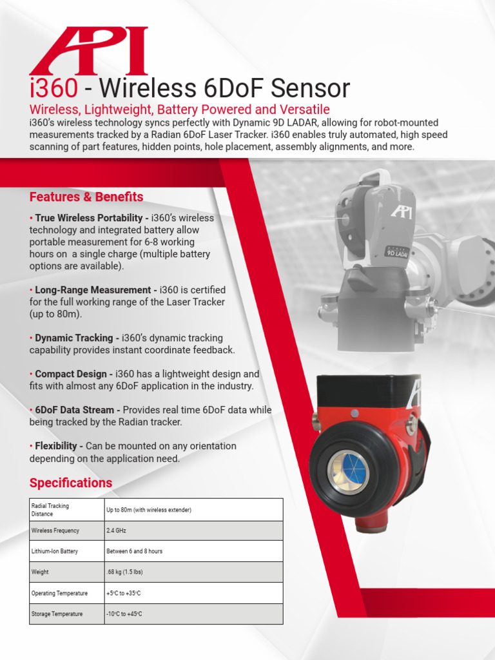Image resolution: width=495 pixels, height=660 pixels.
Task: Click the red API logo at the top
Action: [x=89, y=51]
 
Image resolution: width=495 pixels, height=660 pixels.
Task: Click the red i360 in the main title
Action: [x=54, y=88]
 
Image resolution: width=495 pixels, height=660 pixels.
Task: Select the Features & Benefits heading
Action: [x=86, y=197]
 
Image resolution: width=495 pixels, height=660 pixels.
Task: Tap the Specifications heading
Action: [x=71, y=483]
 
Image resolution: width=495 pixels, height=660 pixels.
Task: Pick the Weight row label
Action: [x=40, y=572]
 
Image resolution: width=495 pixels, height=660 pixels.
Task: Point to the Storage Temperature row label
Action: [x=57, y=614]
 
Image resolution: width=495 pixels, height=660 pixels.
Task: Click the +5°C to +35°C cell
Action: [x=123, y=593]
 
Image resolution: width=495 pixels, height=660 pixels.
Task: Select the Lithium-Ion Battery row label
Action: [x=55, y=551]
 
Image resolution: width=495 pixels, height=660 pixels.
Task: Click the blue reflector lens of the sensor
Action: [x=349, y=472]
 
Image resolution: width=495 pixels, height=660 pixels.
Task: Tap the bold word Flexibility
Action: [x=57, y=446]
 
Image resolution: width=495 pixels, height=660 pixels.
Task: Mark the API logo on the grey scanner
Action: [x=402, y=211]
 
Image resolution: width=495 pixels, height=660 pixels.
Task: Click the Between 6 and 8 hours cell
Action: [x=134, y=551]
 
